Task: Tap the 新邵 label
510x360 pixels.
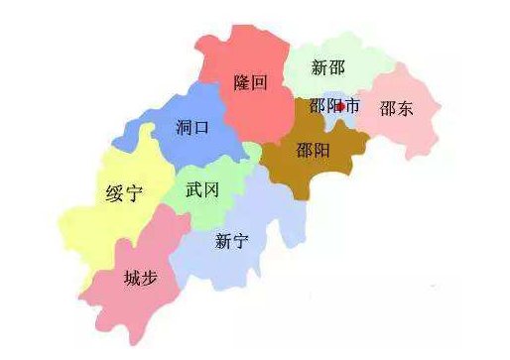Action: tap(328, 68)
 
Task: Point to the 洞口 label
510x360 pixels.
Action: tap(191, 128)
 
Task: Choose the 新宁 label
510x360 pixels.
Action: tap(231, 241)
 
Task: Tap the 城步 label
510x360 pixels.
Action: tap(139, 279)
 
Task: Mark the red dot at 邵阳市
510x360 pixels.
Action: tap(340, 106)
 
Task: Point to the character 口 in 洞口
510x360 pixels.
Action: tap(201, 128)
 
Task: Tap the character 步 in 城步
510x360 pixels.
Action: tap(149, 279)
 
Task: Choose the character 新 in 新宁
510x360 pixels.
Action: tap(221, 241)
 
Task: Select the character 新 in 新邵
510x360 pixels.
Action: tap(319, 68)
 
